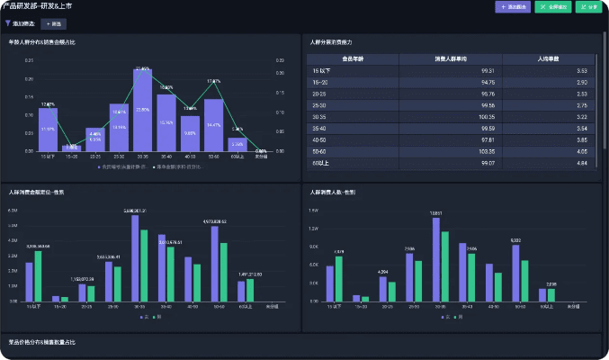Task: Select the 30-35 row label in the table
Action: click(320, 116)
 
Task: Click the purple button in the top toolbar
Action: click(512, 7)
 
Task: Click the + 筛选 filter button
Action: click(55, 23)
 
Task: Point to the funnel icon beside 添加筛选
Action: click(8, 23)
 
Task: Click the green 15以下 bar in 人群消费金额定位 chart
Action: click(38, 275)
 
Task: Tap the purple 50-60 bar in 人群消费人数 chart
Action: click(515, 273)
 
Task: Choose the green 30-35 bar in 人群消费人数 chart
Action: click(445, 266)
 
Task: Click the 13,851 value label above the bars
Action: click(436, 213)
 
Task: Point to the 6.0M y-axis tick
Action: click(13, 210)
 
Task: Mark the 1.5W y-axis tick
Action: click(314, 210)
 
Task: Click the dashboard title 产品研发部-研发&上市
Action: click(38, 6)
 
